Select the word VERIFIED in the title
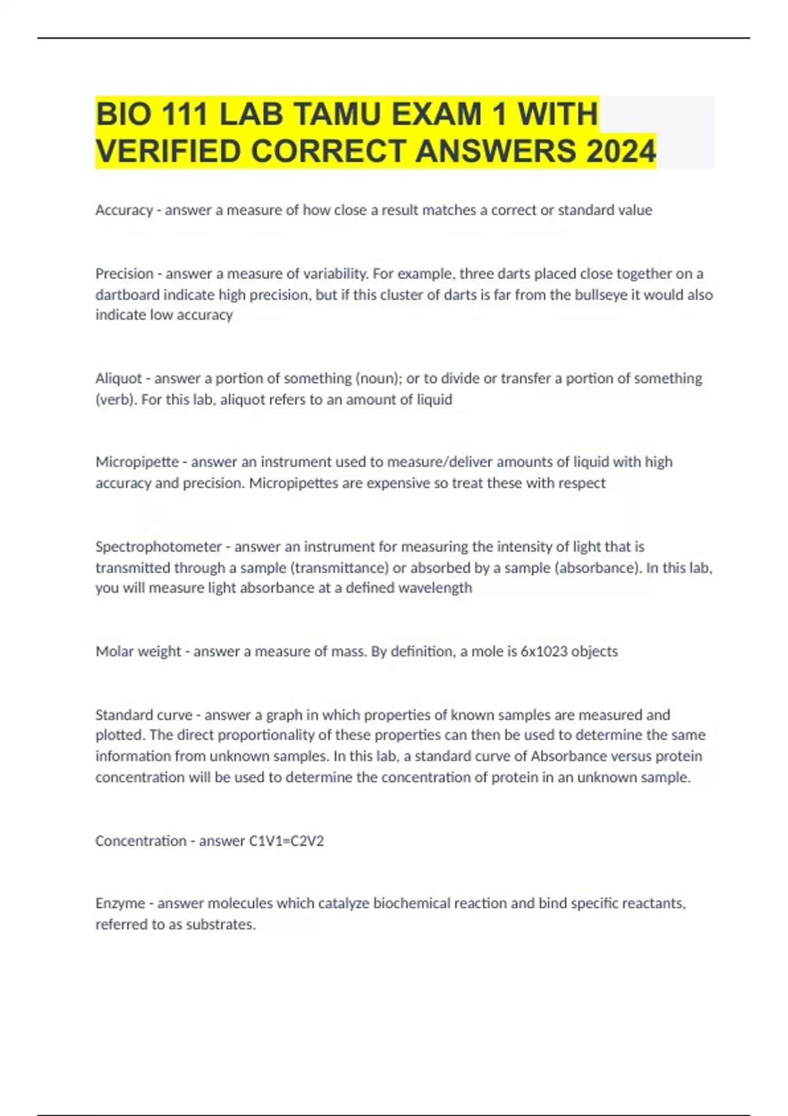(x=169, y=151)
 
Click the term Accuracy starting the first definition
(x=123, y=210)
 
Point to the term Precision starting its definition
(x=124, y=273)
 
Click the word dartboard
(x=127, y=295)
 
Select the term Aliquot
(x=119, y=378)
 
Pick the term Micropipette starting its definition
(x=137, y=461)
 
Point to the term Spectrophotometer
(x=158, y=546)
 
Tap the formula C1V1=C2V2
(x=286, y=841)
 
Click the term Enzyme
(x=120, y=903)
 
